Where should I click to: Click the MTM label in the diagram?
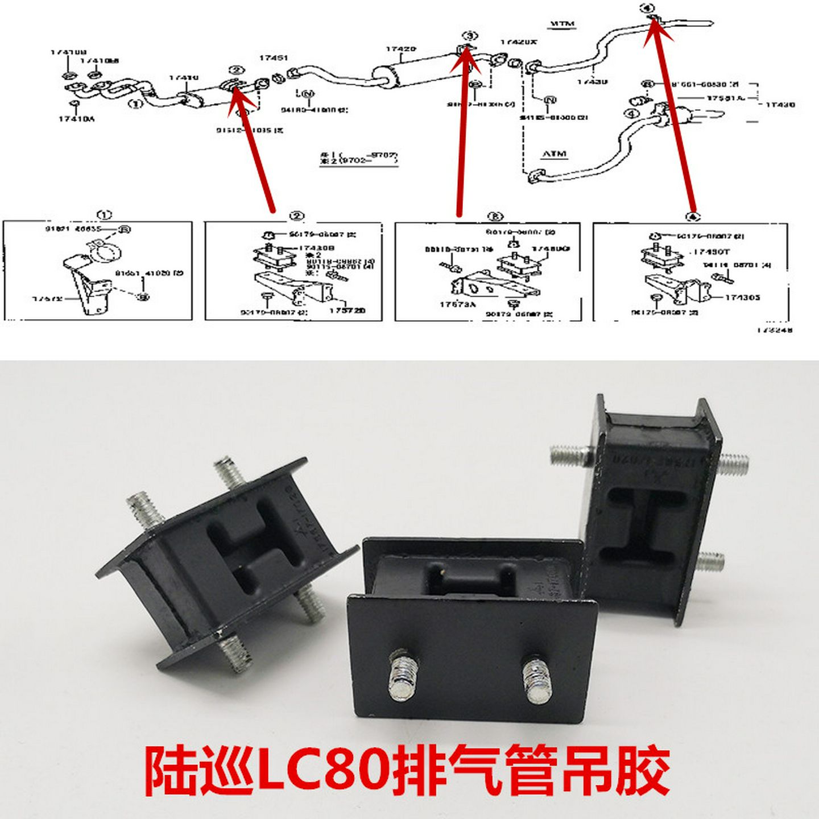tap(562, 24)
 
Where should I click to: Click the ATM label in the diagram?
tap(554, 154)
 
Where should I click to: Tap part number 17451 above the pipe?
tap(274, 57)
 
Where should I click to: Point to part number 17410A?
tap(76, 119)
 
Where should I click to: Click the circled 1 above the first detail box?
tap(104, 215)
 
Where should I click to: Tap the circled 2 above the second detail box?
tap(297, 216)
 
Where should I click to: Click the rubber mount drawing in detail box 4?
tap(663, 256)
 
